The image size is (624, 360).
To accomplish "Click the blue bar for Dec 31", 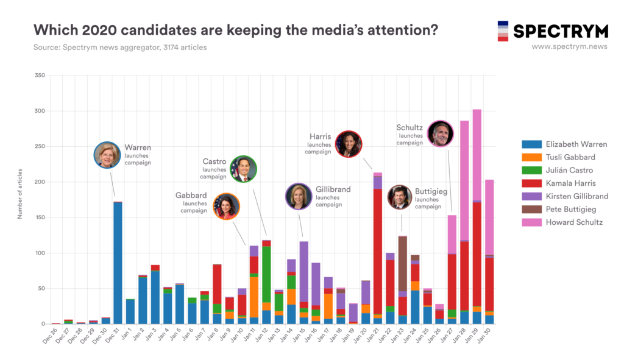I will [x=118, y=263].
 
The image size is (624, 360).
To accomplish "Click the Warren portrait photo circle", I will [x=107, y=155].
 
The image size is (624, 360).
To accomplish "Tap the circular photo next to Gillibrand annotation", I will [x=299, y=196].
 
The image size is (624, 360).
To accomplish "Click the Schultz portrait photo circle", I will [x=440, y=133].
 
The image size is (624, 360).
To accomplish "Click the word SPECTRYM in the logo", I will [x=561, y=31].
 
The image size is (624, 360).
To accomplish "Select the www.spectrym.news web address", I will [x=569, y=46].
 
